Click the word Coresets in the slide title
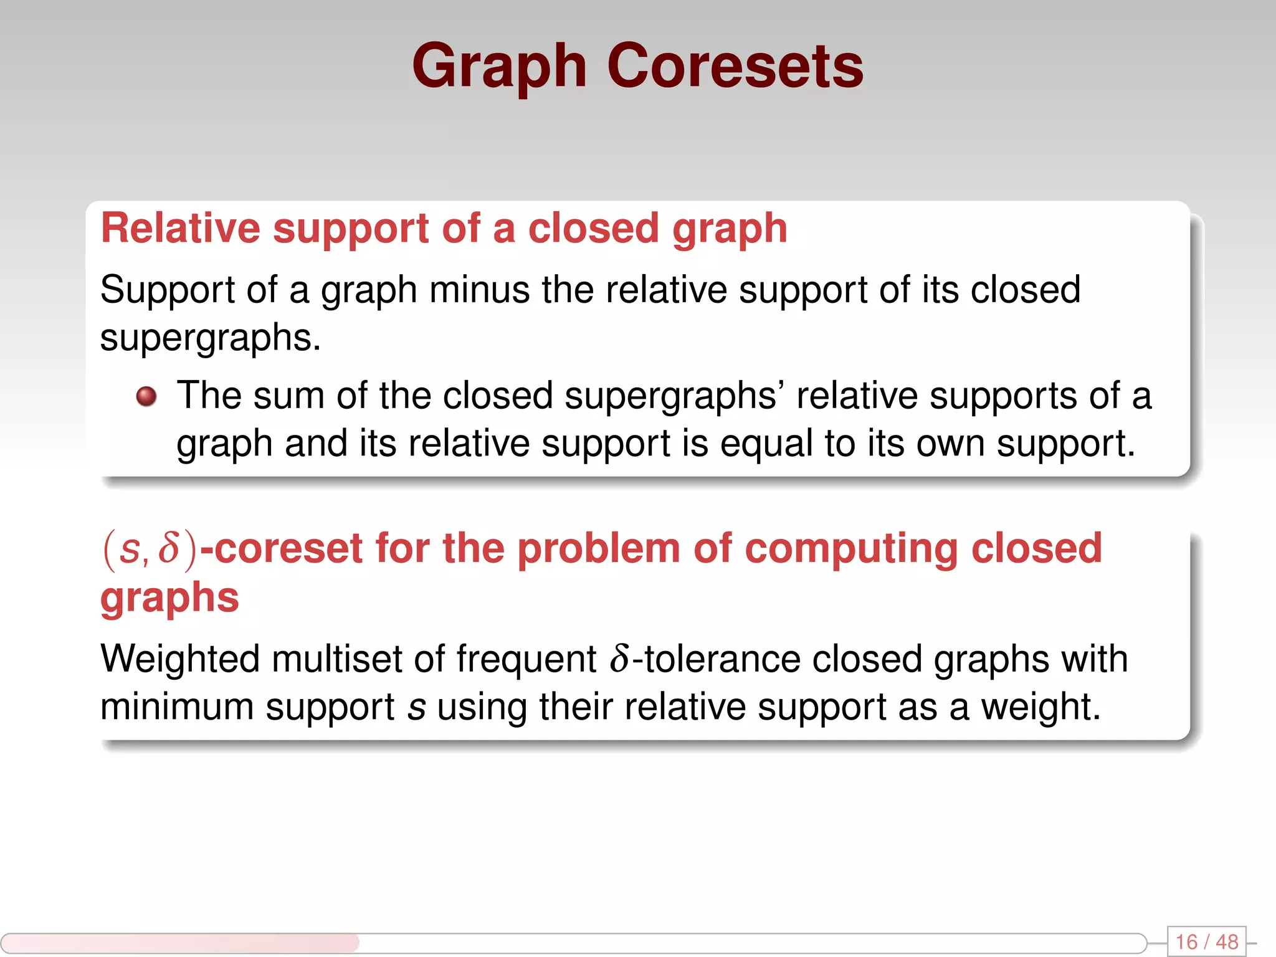pyautogui.click(x=735, y=66)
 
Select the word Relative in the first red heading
pyautogui.click(x=180, y=228)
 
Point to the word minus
pyautogui.click(x=479, y=290)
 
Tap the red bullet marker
pyautogui.click(x=146, y=396)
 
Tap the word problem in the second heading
pyautogui.click(x=598, y=549)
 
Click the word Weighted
pyautogui.click(x=179, y=659)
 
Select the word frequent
pyautogui.click(x=526, y=659)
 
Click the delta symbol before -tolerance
pyautogui.click(x=620, y=659)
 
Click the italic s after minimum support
pyautogui.click(x=416, y=708)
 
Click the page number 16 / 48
pyautogui.click(x=1206, y=941)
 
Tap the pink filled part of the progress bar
pyautogui.click(x=181, y=943)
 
